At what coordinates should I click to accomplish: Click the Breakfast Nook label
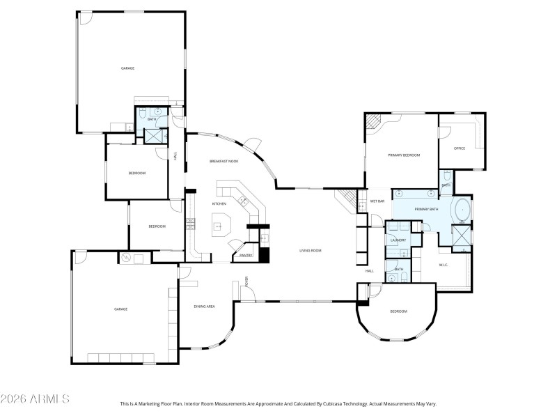(224, 161)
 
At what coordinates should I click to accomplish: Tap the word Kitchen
(219, 203)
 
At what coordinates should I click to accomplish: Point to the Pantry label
(245, 256)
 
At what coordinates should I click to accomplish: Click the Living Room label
(310, 250)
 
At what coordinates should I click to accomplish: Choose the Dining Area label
(204, 307)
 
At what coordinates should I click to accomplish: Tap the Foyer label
(246, 281)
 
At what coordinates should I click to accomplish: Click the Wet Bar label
(377, 201)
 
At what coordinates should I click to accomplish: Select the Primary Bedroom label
(404, 155)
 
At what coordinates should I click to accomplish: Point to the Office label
(460, 148)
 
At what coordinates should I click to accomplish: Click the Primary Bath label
(426, 209)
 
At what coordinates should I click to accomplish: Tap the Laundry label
(398, 240)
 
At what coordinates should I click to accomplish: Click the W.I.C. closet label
(443, 265)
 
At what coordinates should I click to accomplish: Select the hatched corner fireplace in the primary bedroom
(374, 122)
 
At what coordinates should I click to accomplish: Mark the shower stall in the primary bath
(462, 236)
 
